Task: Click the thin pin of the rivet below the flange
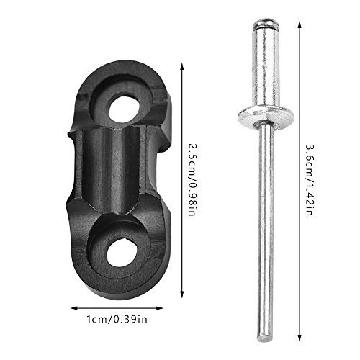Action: pos(266,216)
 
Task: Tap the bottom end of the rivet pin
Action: pos(267,333)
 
